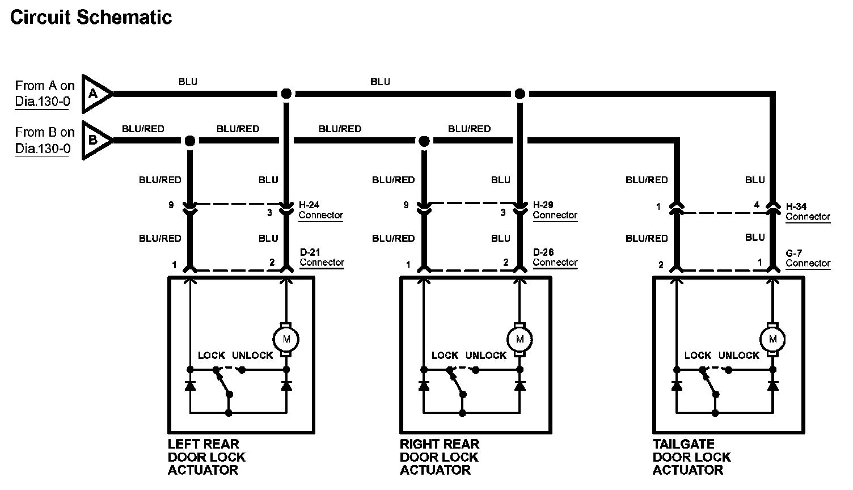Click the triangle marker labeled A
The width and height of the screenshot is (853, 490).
tap(94, 94)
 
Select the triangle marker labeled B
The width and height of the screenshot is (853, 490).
tap(94, 140)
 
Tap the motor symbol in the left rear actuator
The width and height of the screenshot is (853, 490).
tap(286, 340)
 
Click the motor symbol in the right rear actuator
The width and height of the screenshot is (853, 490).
tap(520, 340)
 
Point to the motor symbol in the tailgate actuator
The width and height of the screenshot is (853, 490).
tap(772, 340)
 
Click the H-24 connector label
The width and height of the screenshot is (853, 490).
tap(320, 210)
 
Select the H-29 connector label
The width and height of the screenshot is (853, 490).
tap(555, 210)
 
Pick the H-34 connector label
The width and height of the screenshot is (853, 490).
tap(808, 212)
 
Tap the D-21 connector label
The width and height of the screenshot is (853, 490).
tap(322, 257)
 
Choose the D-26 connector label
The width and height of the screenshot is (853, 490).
tap(555, 257)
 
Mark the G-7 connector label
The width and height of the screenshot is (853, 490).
tap(808, 259)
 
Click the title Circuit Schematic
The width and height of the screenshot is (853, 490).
tap(91, 18)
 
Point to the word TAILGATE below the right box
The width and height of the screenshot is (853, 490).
tap(683, 444)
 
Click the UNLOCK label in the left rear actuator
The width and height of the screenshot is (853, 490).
tap(252, 356)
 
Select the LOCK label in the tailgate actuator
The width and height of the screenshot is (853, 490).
tap(698, 356)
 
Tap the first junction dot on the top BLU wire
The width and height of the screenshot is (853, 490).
tap(286, 94)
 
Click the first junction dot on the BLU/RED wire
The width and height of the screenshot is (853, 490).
tap(190, 141)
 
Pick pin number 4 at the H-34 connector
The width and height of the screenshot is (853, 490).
tap(757, 205)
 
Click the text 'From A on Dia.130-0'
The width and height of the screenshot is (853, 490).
tap(44, 94)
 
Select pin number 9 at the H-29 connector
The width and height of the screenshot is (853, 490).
tap(406, 205)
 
